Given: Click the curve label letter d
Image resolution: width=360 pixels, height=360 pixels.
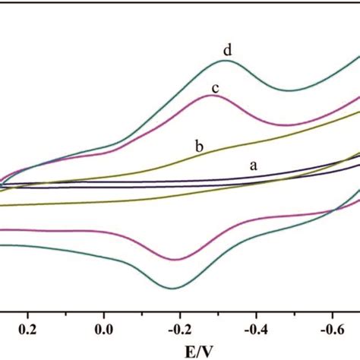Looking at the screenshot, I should [227, 51].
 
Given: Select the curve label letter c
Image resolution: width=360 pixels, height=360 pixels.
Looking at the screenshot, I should [215, 89].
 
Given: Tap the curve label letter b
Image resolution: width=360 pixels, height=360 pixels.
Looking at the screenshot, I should [198, 146].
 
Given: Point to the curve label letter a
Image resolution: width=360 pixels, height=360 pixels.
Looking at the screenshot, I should [254, 164].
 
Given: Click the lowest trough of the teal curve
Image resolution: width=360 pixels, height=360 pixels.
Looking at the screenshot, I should [175, 288].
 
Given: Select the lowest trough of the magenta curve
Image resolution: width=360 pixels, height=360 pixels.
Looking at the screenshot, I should [176, 260].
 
